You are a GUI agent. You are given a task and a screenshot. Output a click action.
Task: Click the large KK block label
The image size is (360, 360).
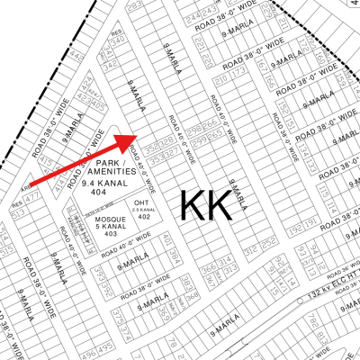(205, 205)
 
